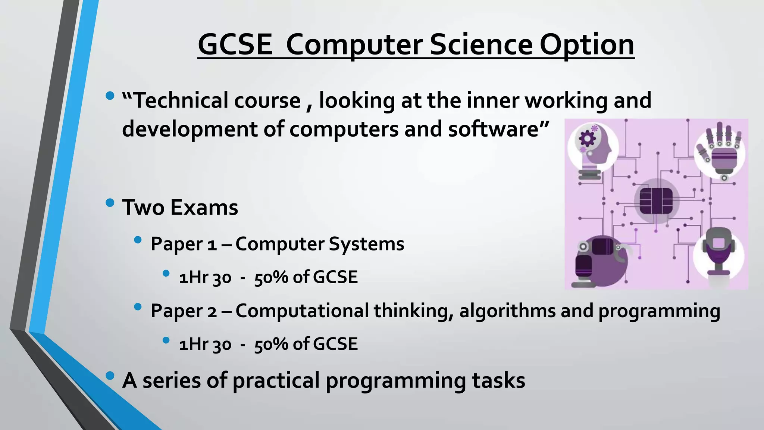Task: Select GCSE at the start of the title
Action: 235,44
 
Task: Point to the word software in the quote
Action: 498,129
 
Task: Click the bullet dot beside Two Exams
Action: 110,203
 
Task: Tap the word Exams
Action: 204,208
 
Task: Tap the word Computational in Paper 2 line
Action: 302,311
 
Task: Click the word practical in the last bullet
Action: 276,381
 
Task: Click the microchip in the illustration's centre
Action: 656,201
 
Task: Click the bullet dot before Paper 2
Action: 138,307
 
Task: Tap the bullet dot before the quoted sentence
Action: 110,96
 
